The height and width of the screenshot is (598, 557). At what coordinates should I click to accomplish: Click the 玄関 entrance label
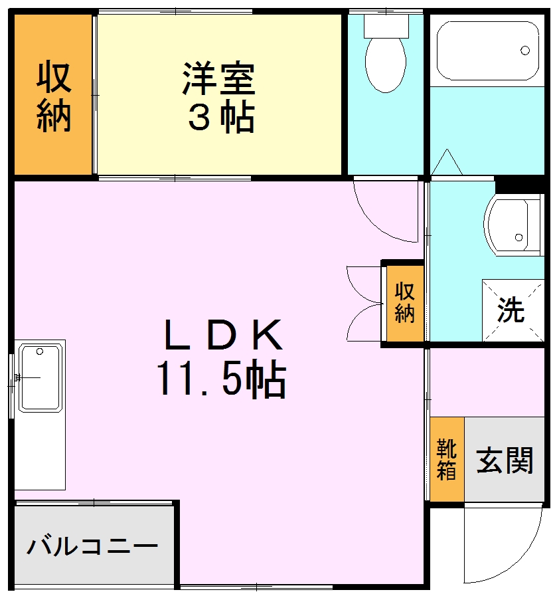pyautogui.click(x=505, y=460)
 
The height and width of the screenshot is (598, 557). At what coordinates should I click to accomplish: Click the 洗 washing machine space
pyautogui.click(x=512, y=310)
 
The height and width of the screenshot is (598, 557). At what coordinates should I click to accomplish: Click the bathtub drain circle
pyautogui.click(x=525, y=50)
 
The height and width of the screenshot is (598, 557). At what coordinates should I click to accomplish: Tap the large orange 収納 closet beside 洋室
pyautogui.click(x=52, y=96)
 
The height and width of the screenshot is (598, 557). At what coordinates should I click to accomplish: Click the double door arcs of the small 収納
pyautogui.click(x=364, y=303)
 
